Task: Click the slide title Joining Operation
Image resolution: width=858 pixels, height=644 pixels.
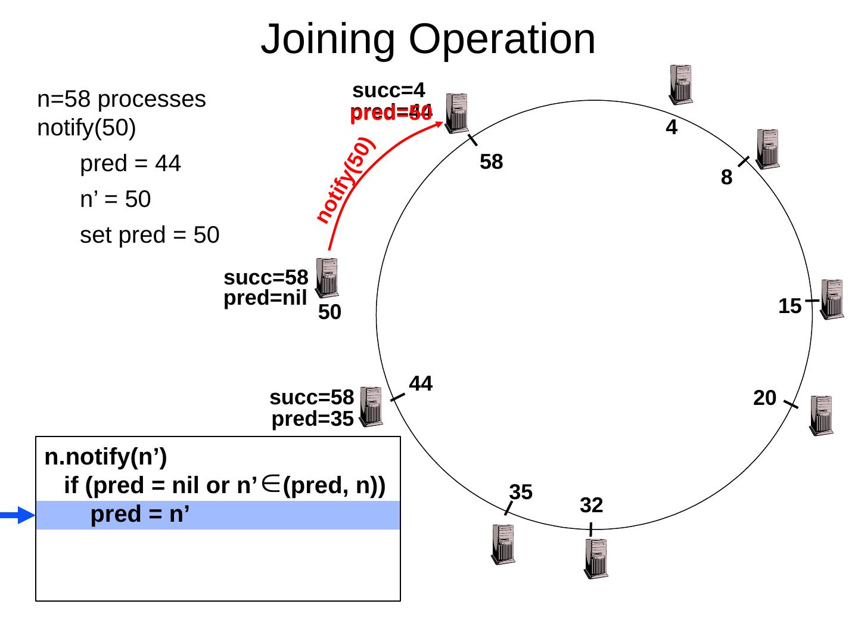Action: point(428,39)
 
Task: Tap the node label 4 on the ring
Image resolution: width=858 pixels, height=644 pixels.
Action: point(672,128)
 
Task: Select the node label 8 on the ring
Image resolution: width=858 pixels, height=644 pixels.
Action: point(726,178)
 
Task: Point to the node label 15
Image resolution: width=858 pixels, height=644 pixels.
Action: point(789,306)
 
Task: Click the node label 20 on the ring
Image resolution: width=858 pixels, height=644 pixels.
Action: point(764,398)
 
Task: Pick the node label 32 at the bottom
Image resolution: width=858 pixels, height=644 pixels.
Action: point(591,506)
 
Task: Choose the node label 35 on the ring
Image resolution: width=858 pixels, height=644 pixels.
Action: point(521,493)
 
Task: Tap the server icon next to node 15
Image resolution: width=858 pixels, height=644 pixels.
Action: point(832,299)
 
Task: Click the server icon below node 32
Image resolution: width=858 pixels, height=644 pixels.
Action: point(596,558)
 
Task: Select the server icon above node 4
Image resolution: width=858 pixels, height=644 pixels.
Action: point(680,84)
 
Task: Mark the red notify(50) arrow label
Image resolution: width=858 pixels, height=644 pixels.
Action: point(344,180)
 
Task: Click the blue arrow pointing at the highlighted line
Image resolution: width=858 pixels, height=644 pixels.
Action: point(18,515)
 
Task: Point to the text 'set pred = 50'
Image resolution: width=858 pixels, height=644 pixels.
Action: point(150,236)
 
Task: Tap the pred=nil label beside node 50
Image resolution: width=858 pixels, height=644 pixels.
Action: point(265,298)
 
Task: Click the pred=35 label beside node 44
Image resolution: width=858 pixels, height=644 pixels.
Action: point(312,420)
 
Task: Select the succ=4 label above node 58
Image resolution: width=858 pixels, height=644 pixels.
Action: point(388,91)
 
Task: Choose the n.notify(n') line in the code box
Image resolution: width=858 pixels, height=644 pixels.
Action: point(105,457)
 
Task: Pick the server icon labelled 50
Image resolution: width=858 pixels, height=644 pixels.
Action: point(327,277)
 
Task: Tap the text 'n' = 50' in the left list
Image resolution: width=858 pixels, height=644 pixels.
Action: point(115,200)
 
